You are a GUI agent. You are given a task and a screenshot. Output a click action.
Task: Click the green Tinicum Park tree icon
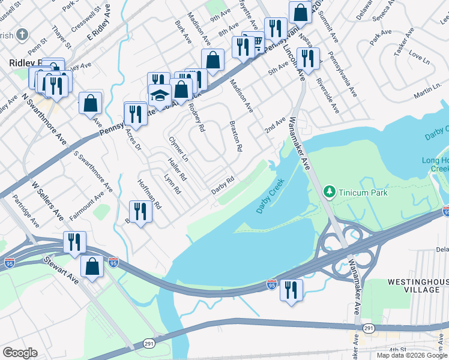click(x=329, y=192)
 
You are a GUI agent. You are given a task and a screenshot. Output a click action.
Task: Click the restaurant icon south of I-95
click(x=291, y=290)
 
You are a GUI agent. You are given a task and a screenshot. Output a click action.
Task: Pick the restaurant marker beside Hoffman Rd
click(x=140, y=211)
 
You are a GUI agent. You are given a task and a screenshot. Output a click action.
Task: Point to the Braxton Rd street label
click(x=236, y=136)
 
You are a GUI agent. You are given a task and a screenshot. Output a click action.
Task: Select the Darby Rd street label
click(x=222, y=185)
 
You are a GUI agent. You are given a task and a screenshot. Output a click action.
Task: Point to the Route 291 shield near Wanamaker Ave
click(x=368, y=328)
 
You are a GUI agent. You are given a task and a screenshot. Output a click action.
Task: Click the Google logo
click(x=20, y=353)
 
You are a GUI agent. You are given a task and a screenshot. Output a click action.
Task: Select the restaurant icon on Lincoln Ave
click(x=307, y=59)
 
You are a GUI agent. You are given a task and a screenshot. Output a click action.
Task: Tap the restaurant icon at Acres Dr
click(x=136, y=113)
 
